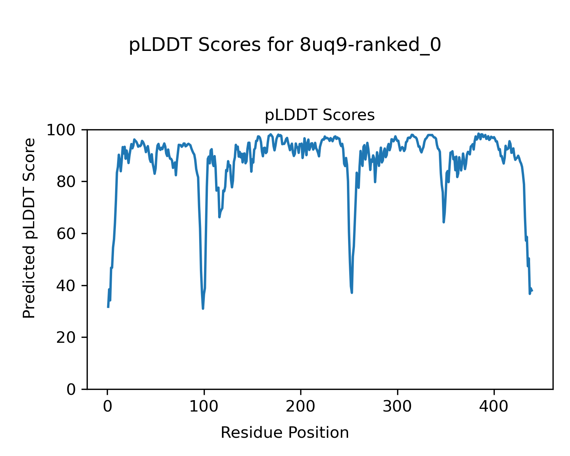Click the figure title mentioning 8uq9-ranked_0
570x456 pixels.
[x=285, y=45]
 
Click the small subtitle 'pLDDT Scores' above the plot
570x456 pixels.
[x=320, y=115]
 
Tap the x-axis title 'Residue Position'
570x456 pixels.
[x=285, y=432]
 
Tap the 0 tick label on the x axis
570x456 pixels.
[x=108, y=407]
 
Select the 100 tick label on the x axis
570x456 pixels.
[x=204, y=407]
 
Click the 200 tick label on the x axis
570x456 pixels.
[x=301, y=407]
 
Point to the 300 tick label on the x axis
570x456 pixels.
[x=397, y=407]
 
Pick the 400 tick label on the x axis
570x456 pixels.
[x=494, y=407]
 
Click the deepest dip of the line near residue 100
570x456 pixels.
[x=203, y=309]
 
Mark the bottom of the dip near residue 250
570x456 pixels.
[x=352, y=293]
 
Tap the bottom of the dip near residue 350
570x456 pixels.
[x=443, y=222]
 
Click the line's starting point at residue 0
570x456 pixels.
[x=108, y=307]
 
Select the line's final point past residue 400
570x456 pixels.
[x=532, y=291]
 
